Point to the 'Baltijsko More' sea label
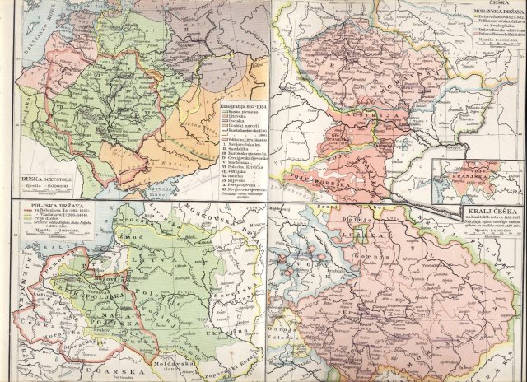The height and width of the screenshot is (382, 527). [x=16, y=33]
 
